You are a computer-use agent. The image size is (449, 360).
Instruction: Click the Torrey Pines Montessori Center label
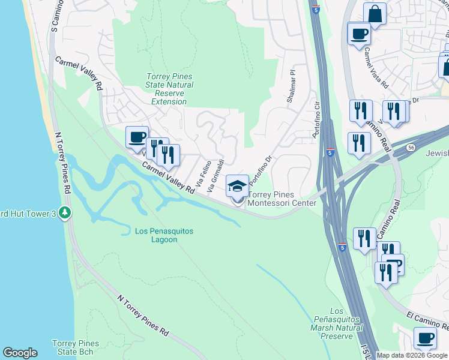pyautogui.click(x=282, y=199)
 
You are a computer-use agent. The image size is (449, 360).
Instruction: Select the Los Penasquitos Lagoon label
pyautogui.click(x=156, y=235)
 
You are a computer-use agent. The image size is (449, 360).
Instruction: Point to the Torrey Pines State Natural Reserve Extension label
pyautogui.click(x=170, y=89)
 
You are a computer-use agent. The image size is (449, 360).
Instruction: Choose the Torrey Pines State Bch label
pyautogui.click(x=73, y=347)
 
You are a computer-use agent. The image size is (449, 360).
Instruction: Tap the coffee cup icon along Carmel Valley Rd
pyautogui.click(x=137, y=137)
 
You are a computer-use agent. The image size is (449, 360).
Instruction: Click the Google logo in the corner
pyautogui.click(x=20, y=353)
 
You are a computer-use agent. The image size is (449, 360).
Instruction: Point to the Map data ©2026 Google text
pyautogui.click(x=412, y=355)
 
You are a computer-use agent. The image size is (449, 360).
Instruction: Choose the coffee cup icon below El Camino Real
pyautogui.click(x=425, y=338)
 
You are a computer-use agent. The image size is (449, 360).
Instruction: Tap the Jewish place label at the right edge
pyautogui.click(x=437, y=154)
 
